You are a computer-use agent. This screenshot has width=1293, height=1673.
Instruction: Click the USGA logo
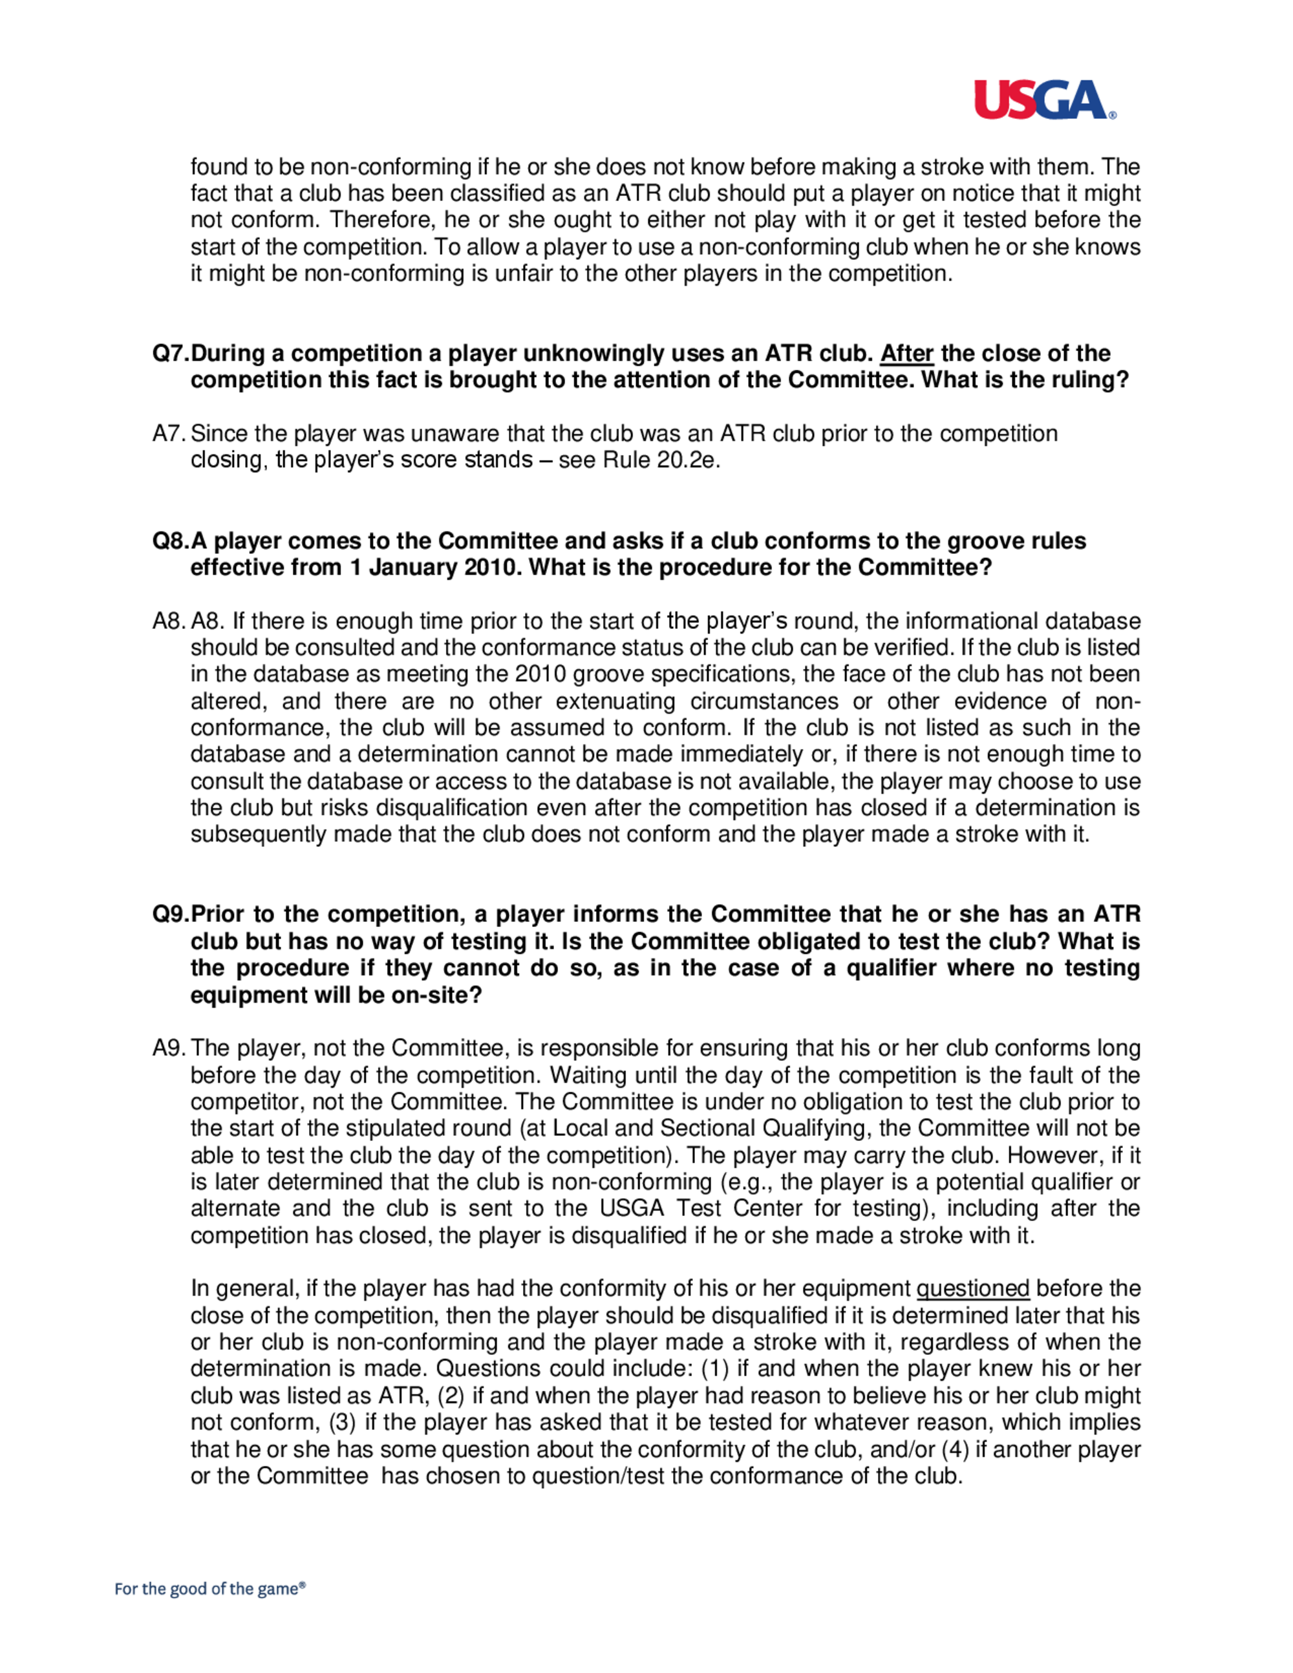(x=1043, y=100)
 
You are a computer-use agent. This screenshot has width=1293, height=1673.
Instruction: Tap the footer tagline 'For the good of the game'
(x=210, y=1589)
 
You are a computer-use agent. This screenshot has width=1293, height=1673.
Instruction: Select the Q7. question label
(x=170, y=353)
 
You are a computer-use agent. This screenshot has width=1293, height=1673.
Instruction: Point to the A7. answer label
(x=169, y=434)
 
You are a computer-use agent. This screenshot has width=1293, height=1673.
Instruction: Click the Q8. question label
(x=170, y=541)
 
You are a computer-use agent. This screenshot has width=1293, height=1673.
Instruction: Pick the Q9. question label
(x=170, y=914)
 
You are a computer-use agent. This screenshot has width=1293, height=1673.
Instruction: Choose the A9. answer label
(x=169, y=1048)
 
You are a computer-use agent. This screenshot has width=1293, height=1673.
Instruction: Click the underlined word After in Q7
(x=906, y=353)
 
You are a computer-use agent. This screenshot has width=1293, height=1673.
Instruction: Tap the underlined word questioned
(x=972, y=1288)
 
